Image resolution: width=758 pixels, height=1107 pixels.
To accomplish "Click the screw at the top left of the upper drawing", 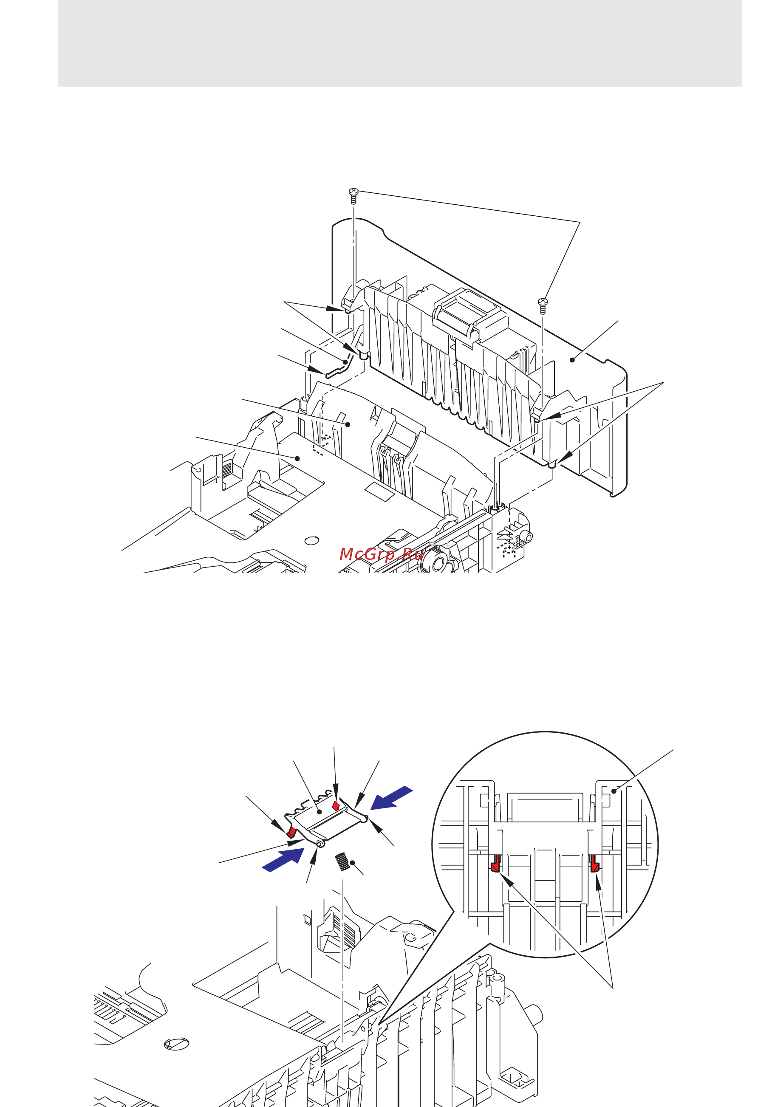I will tap(353, 195).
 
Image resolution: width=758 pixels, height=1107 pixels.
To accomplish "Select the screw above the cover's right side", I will tap(543, 305).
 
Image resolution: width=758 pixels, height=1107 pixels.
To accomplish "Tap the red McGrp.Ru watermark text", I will tap(381, 554).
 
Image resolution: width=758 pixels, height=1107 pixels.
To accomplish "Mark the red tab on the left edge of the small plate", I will tap(291, 832).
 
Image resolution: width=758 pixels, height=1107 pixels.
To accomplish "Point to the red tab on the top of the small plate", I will tap(336, 805).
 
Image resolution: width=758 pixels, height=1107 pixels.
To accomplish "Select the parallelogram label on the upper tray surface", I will tap(380, 491).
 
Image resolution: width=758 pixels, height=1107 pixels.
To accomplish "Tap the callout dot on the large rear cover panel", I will tap(572, 360).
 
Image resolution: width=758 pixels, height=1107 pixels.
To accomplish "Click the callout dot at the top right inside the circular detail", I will tap(614, 791).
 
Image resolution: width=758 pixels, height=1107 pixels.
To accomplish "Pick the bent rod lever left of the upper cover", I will tap(339, 369).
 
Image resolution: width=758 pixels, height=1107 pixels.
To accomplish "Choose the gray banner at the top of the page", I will tap(399, 43).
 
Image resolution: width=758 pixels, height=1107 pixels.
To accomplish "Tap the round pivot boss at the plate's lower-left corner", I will tap(320, 844).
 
